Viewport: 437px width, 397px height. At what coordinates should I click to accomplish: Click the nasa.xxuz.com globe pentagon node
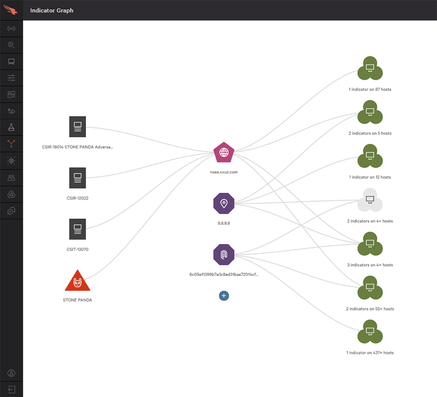pyautogui.click(x=224, y=153)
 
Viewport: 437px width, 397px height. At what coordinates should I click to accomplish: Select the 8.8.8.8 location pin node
pyautogui.click(x=224, y=203)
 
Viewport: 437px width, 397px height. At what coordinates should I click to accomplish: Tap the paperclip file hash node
pyautogui.click(x=224, y=255)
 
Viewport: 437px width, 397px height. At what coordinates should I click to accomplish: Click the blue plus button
pyautogui.click(x=224, y=295)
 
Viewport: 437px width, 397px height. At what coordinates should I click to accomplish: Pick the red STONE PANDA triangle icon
pyautogui.click(x=78, y=281)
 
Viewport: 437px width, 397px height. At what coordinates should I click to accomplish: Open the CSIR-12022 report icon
pyautogui.click(x=78, y=178)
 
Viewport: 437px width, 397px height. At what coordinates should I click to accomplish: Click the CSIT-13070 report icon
pyautogui.click(x=78, y=229)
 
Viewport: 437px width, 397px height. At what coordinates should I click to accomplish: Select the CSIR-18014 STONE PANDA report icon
pyautogui.click(x=78, y=127)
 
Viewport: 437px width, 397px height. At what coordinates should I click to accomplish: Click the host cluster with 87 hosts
pyautogui.click(x=370, y=70)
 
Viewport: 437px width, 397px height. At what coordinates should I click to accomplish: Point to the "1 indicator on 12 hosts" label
pyautogui.click(x=370, y=177)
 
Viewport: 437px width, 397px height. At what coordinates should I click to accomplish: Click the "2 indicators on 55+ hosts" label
pyautogui.click(x=370, y=309)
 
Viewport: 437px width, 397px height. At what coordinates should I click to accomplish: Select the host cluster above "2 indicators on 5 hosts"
pyautogui.click(x=370, y=114)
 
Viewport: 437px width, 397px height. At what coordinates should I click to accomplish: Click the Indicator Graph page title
pyautogui.click(x=51, y=10)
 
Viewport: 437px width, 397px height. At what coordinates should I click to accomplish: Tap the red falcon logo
pyautogui.click(x=11, y=10)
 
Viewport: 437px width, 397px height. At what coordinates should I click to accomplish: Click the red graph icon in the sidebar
pyautogui.click(x=11, y=144)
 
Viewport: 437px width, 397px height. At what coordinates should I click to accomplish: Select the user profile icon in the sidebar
pyautogui.click(x=11, y=373)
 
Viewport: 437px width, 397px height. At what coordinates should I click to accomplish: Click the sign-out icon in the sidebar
pyautogui.click(x=11, y=389)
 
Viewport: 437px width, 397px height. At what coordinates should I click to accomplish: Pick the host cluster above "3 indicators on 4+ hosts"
pyautogui.click(x=370, y=245)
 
